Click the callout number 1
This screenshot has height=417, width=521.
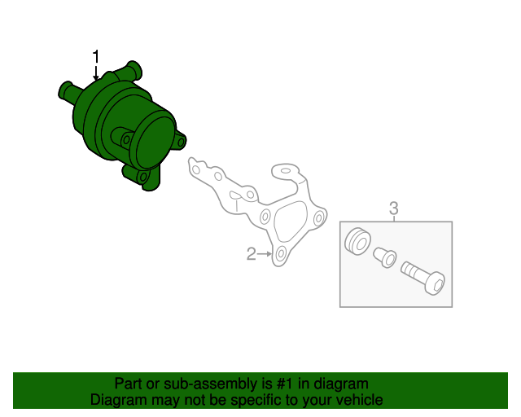tap(96, 57)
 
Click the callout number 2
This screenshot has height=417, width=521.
tap(252, 254)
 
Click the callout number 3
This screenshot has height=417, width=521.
tap(394, 208)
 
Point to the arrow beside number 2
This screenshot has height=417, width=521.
tap(265, 254)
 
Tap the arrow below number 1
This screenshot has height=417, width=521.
tap(96, 73)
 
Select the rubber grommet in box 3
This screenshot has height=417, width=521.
tap(357, 241)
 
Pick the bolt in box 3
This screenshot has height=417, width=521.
tap(423, 278)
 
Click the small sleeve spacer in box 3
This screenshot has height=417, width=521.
tap(385, 257)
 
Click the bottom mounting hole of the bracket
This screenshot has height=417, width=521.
tap(281, 254)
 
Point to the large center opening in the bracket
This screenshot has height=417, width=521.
tap(290, 222)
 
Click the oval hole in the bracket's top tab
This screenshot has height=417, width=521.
tap(286, 171)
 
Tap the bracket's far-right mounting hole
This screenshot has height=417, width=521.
tap(318, 218)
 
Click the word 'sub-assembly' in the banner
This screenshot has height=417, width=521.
tap(211, 384)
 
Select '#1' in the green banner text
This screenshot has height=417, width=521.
tap(285, 384)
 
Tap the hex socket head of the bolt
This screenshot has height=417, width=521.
tap(435, 283)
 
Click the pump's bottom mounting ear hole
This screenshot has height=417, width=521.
tap(143, 177)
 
